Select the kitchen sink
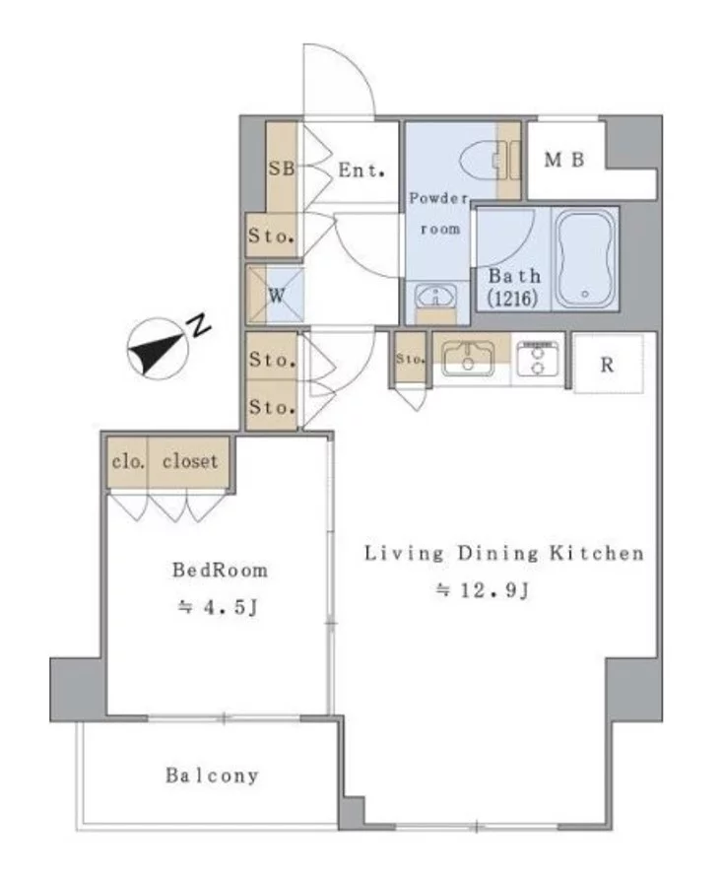point(468,358)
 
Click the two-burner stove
point(538,359)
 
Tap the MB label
point(563,160)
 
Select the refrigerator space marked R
point(608,365)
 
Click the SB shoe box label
point(282,168)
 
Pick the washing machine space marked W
point(276,296)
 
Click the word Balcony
point(212,776)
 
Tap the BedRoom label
point(220,570)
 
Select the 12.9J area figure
point(482,590)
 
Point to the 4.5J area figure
point(218,607)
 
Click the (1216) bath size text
point(512,299)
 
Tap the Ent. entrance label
point(361,170)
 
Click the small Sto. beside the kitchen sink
point(411,359)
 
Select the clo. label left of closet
point(128,462)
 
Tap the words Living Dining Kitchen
point(504,553)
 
